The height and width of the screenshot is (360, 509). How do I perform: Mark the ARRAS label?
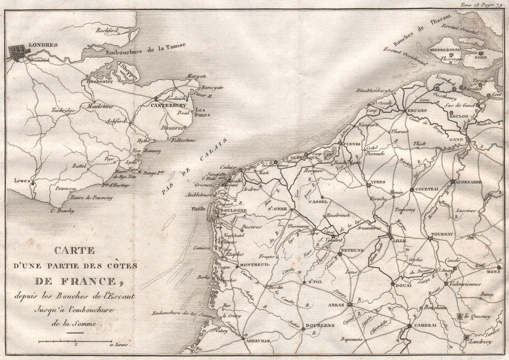(x=335, y=304)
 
